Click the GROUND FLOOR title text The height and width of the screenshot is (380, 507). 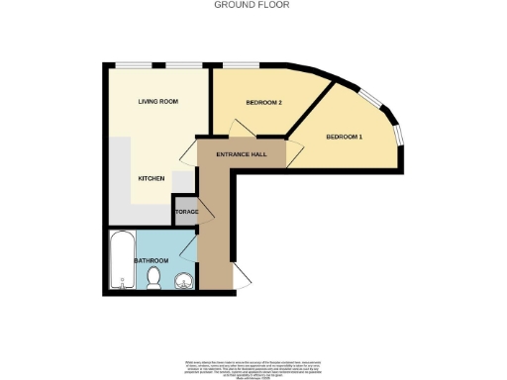point(253,5)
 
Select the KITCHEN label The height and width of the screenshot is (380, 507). point(151,178)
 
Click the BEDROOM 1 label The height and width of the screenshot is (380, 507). point(345,136)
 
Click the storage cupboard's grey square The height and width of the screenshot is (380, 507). point(185,212)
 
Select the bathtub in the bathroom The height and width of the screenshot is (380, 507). point(122,259)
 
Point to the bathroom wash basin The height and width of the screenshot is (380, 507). point(181,281)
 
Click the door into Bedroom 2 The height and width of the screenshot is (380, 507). point(239,130)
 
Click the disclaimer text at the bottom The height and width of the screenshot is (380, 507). point(253,365)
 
